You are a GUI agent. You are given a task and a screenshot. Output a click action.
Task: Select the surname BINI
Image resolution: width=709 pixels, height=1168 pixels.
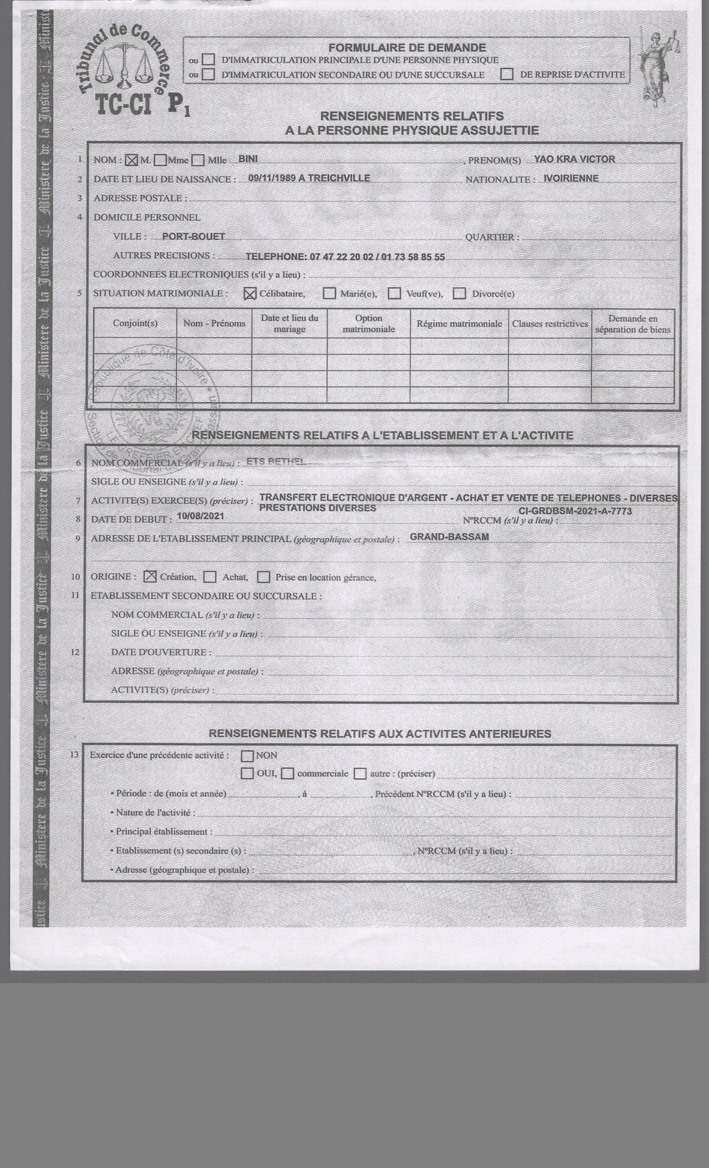[x=248, y=159]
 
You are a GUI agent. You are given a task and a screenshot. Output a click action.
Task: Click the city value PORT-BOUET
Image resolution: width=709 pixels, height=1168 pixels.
[x=193, y=236]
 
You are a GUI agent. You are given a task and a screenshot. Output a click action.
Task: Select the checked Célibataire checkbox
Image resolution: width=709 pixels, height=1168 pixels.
[x=250, y=294]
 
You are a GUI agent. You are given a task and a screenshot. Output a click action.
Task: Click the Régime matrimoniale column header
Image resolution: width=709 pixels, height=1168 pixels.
[x=459, y=324]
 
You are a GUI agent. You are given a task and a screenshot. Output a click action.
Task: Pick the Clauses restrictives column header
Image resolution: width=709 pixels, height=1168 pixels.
[x=550, y=324]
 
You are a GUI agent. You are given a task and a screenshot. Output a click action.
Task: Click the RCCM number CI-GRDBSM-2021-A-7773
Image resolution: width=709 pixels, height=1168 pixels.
[x=575, y=511]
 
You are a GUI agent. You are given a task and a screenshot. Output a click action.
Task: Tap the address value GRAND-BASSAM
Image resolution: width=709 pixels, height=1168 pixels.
[x=449, y=537]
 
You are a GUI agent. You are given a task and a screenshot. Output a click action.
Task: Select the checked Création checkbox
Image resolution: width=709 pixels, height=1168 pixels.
[x=150, y=576]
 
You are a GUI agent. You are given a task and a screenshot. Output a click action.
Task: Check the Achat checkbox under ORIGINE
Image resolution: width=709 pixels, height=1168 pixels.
[x=210, y=577]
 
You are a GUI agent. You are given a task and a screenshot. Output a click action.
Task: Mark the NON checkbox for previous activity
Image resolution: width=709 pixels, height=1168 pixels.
[x=247, y=755]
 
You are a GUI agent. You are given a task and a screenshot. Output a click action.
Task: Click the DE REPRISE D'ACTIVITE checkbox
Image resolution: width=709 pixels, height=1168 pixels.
[x=507, y=75]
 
